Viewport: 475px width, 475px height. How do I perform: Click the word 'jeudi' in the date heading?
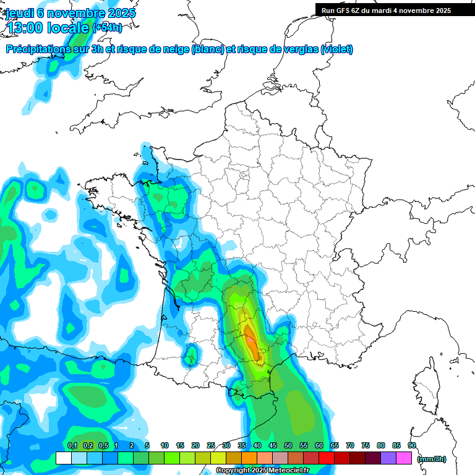click(x=19, y=13)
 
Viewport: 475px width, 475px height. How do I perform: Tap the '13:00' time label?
click(x=28, y=28)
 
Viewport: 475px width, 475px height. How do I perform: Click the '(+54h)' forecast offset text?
click(x=107, y=28)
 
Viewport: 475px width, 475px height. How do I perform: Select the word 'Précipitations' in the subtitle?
click(x=39, y=49)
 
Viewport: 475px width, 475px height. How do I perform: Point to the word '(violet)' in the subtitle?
click(x=337, y=49)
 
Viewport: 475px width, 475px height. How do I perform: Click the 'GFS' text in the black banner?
click(x=346, y=11)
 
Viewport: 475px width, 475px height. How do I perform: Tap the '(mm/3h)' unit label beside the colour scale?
click(x=432, y=458)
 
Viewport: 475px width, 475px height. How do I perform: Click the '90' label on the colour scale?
click(x=411, y=445)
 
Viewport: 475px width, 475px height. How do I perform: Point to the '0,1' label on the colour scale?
click(x=72, y=445)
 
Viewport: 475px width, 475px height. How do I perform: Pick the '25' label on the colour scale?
click(x=211, y=445)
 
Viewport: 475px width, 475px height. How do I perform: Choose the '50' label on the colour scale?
click(x=288, y=445)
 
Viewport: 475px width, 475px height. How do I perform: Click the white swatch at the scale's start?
click(x=64, y=458)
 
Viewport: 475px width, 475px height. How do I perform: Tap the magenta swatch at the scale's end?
click(x=404, y=458)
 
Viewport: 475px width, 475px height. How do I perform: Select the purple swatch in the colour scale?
click(x=388, y=458)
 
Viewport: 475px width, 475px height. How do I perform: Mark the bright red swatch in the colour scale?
click(x=327, y=458)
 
